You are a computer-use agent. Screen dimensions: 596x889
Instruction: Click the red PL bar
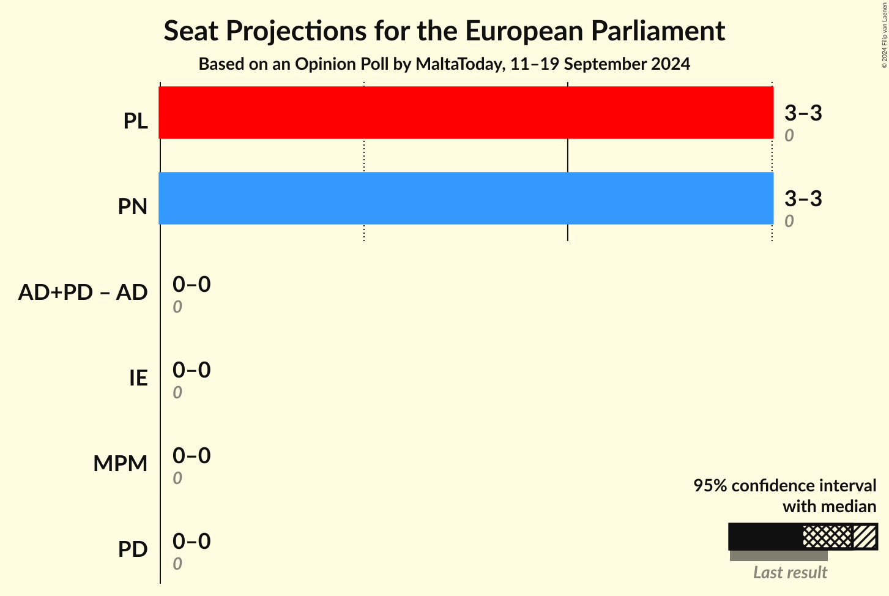point(465,113)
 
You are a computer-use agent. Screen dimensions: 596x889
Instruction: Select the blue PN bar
point(465,198)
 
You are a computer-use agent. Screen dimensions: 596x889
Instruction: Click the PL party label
point(135,121)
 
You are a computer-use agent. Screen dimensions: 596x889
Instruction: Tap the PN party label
point(133,207)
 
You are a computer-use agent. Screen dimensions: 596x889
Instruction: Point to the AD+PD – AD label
point(83,292)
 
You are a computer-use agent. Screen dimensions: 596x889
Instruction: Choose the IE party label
point(138,378)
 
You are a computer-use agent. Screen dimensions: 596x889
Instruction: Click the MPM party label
point(121,464)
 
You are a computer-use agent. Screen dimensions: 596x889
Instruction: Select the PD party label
point(133,549)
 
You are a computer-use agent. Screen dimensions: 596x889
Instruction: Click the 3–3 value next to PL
point(803,113)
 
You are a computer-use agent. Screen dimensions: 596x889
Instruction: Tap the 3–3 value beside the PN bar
point(803,199)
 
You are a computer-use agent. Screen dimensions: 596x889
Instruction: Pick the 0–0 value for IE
point(192,370)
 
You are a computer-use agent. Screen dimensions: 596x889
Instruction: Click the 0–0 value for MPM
point(192,456)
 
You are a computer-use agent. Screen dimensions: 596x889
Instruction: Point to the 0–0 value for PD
point(192,542)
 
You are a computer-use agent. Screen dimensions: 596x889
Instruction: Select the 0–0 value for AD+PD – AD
point(192,285)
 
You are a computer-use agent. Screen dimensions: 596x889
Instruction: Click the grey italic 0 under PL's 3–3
point(789,136)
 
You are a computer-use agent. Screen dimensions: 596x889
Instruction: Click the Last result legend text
point(790,573)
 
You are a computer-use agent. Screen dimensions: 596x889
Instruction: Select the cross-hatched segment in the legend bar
point(827,537)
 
